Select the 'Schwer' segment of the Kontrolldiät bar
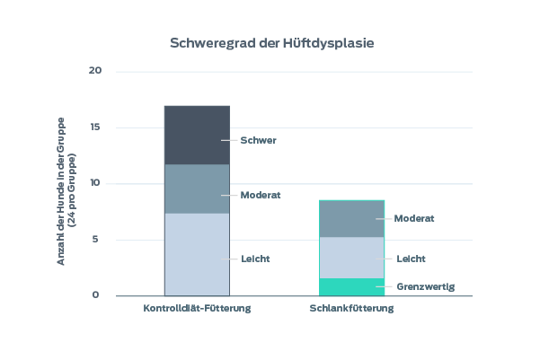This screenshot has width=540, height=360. [196, 135]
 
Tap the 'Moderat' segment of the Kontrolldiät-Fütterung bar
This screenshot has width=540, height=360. [196, 189]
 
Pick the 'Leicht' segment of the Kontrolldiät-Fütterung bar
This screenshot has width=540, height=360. [196, 254]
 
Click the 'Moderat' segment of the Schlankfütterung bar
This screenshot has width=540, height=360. [351, 218]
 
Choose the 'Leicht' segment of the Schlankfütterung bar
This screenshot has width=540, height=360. [351, 258]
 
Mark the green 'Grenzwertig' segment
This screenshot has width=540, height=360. [351, 287]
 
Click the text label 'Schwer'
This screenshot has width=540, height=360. [259, 140]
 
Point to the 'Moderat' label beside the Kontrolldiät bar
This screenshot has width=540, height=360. [261, 195]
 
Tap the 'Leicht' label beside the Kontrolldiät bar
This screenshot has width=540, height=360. [256, 259]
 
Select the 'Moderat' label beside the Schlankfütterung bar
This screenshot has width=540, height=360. [415, 218]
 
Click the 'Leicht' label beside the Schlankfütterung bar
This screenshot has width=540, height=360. [411, 259]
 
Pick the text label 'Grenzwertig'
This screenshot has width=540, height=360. [426, 287]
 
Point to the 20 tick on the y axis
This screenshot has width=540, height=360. [96, 71]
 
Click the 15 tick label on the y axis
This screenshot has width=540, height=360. [96, 127]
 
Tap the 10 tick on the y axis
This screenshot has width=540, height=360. [96, 183]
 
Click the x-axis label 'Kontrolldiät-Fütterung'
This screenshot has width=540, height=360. [197, 309]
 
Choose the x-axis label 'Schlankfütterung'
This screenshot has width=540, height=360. [351, 309]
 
